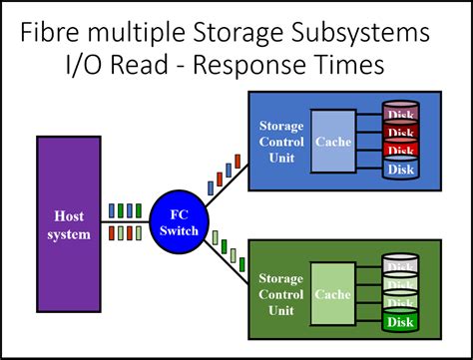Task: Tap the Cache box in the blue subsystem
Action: [x=332, y=143]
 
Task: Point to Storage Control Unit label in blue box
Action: [x=281, y=143]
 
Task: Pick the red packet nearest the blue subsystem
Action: [x=238, y=161]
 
